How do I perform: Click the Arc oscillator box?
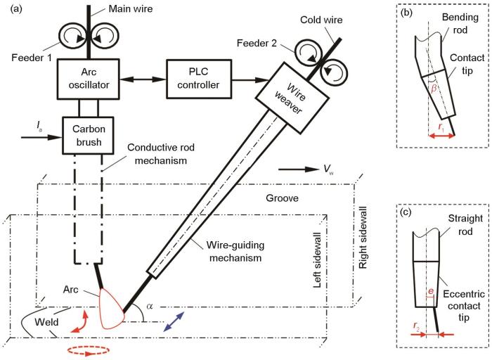coord(88,79)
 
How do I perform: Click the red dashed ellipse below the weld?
coord(82,349)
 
